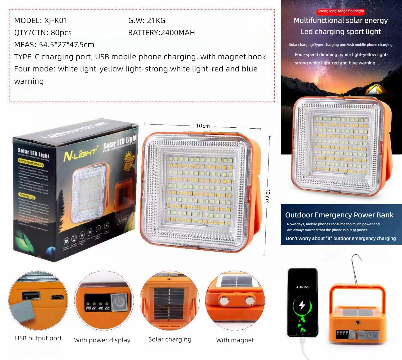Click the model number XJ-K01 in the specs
(x=56, y=21)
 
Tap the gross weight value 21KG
(x=156, y=21)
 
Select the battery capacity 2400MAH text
(x=178, y=33)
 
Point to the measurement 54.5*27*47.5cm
(x=66, y=45)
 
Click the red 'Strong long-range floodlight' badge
(x=341, y=11)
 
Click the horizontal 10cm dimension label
(x=203, y=126)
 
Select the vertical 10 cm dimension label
(x=267, y=196)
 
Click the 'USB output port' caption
(x=38, y=338)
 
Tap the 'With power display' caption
(x=102, y=340)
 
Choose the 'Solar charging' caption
(x=170, y=339)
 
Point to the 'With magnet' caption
(x=235, y=340)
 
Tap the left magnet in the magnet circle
(x=224, y=301)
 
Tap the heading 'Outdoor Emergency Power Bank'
(x=339, y=215)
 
